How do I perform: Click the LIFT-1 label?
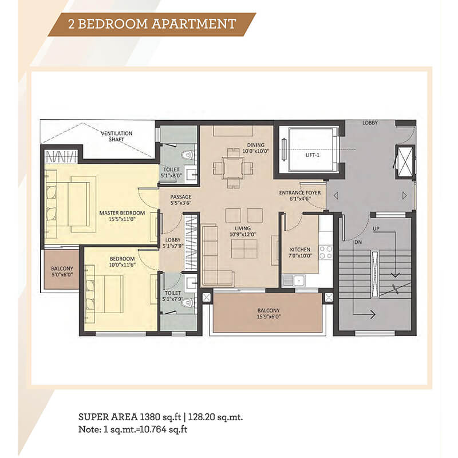click(312, 155)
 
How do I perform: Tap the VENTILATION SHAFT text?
click(117, 136)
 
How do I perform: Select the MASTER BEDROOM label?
click(122, 213)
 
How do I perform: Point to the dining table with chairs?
click(233, 168)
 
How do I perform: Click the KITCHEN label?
click(300, 250)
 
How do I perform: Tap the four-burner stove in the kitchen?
click(326, 252)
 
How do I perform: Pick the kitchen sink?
click(294, 281)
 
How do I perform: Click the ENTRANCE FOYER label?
click(300, 193)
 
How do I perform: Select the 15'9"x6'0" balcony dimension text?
click(269, 317)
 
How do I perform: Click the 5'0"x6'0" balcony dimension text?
click(62, 275)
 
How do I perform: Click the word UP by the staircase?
click(376, 228)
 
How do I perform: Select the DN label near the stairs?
click(358, 242)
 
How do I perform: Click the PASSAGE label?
click(181, 197)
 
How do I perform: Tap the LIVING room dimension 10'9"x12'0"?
click(243, 234)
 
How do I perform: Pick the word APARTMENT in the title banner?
click(194, 24)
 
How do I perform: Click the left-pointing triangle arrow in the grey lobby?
click(336, 195)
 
